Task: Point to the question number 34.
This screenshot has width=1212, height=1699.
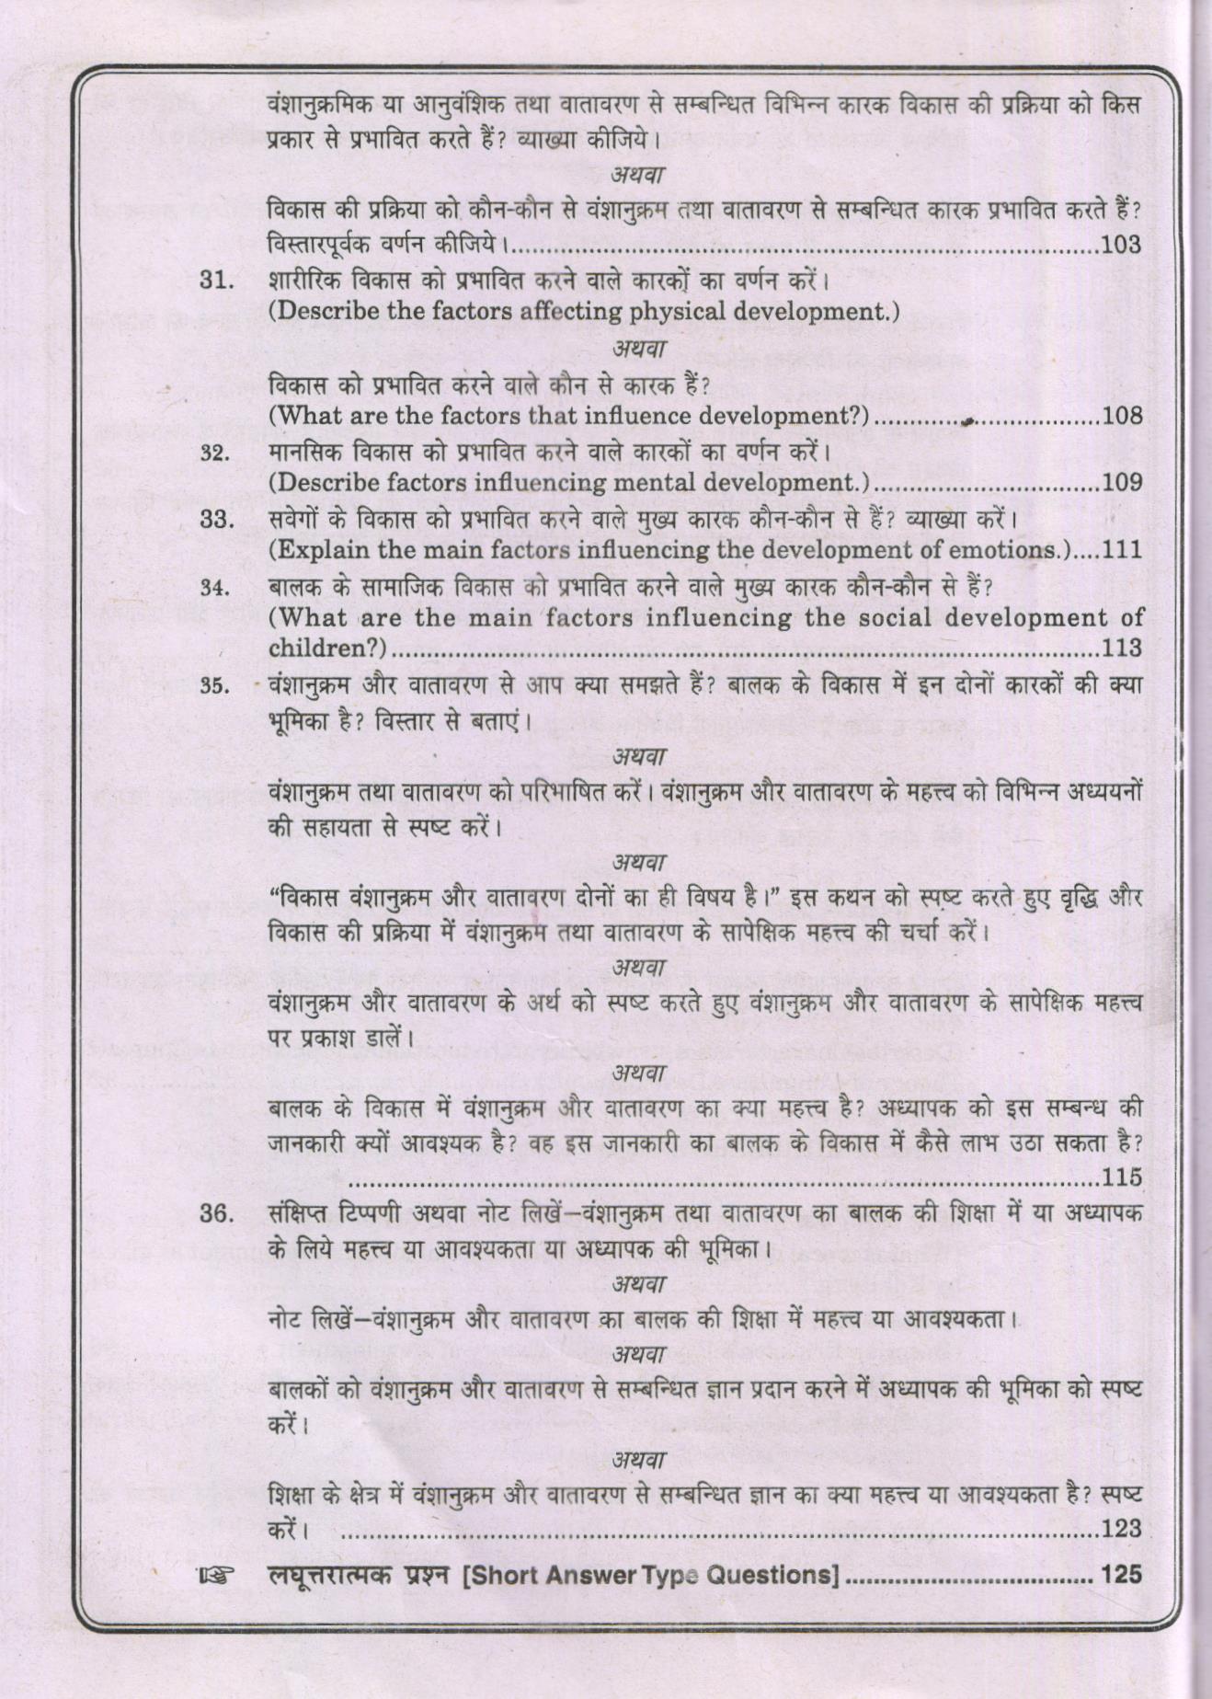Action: coord(214,588)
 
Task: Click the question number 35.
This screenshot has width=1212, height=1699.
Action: coord(214,686)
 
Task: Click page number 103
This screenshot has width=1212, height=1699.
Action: coord(1120,245)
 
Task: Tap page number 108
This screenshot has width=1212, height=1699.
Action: coord(1122,416)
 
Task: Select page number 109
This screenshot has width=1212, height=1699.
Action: coord(1122,482)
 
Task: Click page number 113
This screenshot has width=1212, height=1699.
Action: coord(1122,648)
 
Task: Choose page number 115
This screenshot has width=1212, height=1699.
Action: coord(1122,1177)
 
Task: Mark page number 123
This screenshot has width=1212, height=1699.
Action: coord(1122,1529)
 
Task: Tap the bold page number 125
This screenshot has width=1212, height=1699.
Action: coord(1120,1574)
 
